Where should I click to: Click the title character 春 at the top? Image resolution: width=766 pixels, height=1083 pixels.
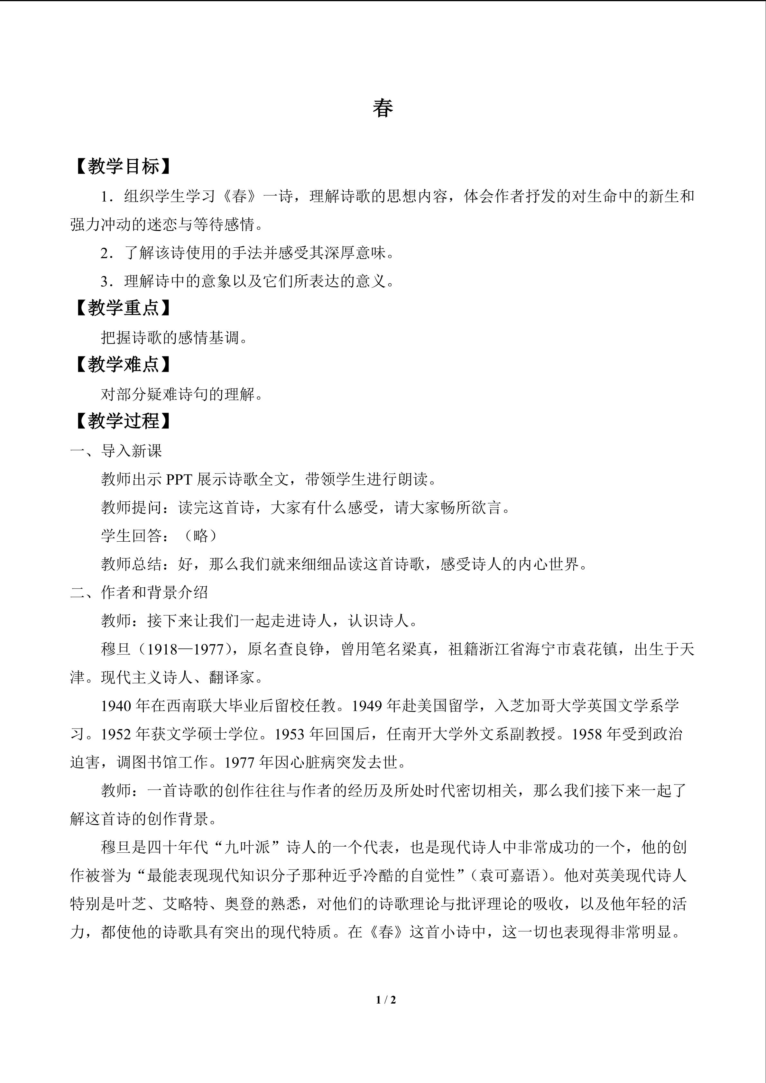383,108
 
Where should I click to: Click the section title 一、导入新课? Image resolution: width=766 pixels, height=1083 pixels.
116,451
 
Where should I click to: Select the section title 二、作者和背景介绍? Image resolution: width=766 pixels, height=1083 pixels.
139,592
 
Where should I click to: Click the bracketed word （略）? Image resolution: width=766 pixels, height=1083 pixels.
200,536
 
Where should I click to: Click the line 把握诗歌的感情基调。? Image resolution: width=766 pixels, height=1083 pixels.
174,338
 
